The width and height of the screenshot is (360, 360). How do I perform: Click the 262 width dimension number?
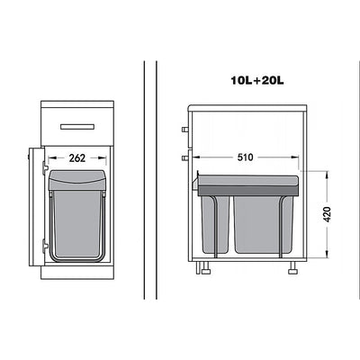(77, 158)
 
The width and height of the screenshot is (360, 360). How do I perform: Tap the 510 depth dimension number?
(245, 157)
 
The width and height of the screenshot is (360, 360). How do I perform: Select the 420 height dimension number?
(328, 214)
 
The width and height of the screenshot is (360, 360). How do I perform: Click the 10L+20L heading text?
(257, 80)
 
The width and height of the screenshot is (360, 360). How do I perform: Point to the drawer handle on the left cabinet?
(77, 127)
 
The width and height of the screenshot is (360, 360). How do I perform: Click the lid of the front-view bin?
(77, 180)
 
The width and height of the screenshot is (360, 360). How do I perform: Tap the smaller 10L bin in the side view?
(215, 224)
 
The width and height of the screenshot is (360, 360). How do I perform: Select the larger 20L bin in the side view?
(263, 224)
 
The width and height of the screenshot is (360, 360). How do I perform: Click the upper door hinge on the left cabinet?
(45, 166)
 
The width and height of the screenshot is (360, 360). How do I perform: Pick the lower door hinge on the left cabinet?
(45, 245)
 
